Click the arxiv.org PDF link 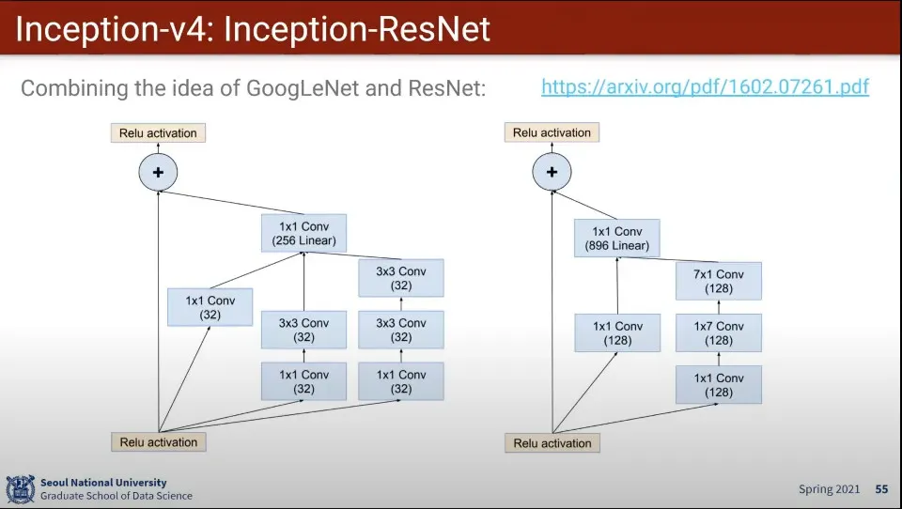pyautogui.click(x=705, y=87)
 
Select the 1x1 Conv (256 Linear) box pyautogui.click(x=303, y=234)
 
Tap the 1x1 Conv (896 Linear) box pyautogui.click(x=617, y=239)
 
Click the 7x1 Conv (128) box pyautogui.click(x=718, y=282)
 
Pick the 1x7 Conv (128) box pyautogui.click(x=718, y=333)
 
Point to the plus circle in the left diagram pyautogui.click(x=158, y=172)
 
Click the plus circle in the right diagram pyautogui.click(x=552, y=172)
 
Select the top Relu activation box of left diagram pyautogui.click(x=158, y=133)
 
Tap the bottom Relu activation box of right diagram pyautogui.click(x=552, y=443)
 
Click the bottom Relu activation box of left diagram pyautogui.click(x=158, y=442)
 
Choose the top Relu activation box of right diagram pyautogui.click(x=552, y=133)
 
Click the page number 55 pyautogui.click(x=881, y=489)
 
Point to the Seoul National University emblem pyautogui.click(x=20, y=489)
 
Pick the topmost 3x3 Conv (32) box pyautogui.click(x=400, y=278)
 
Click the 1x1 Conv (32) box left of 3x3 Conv pyautogui.click(x=210, y=307)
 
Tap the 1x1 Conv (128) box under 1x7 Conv pyautogui.click(x=718, y=385)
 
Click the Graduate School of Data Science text pyautogui.click(x=117, y=496)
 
